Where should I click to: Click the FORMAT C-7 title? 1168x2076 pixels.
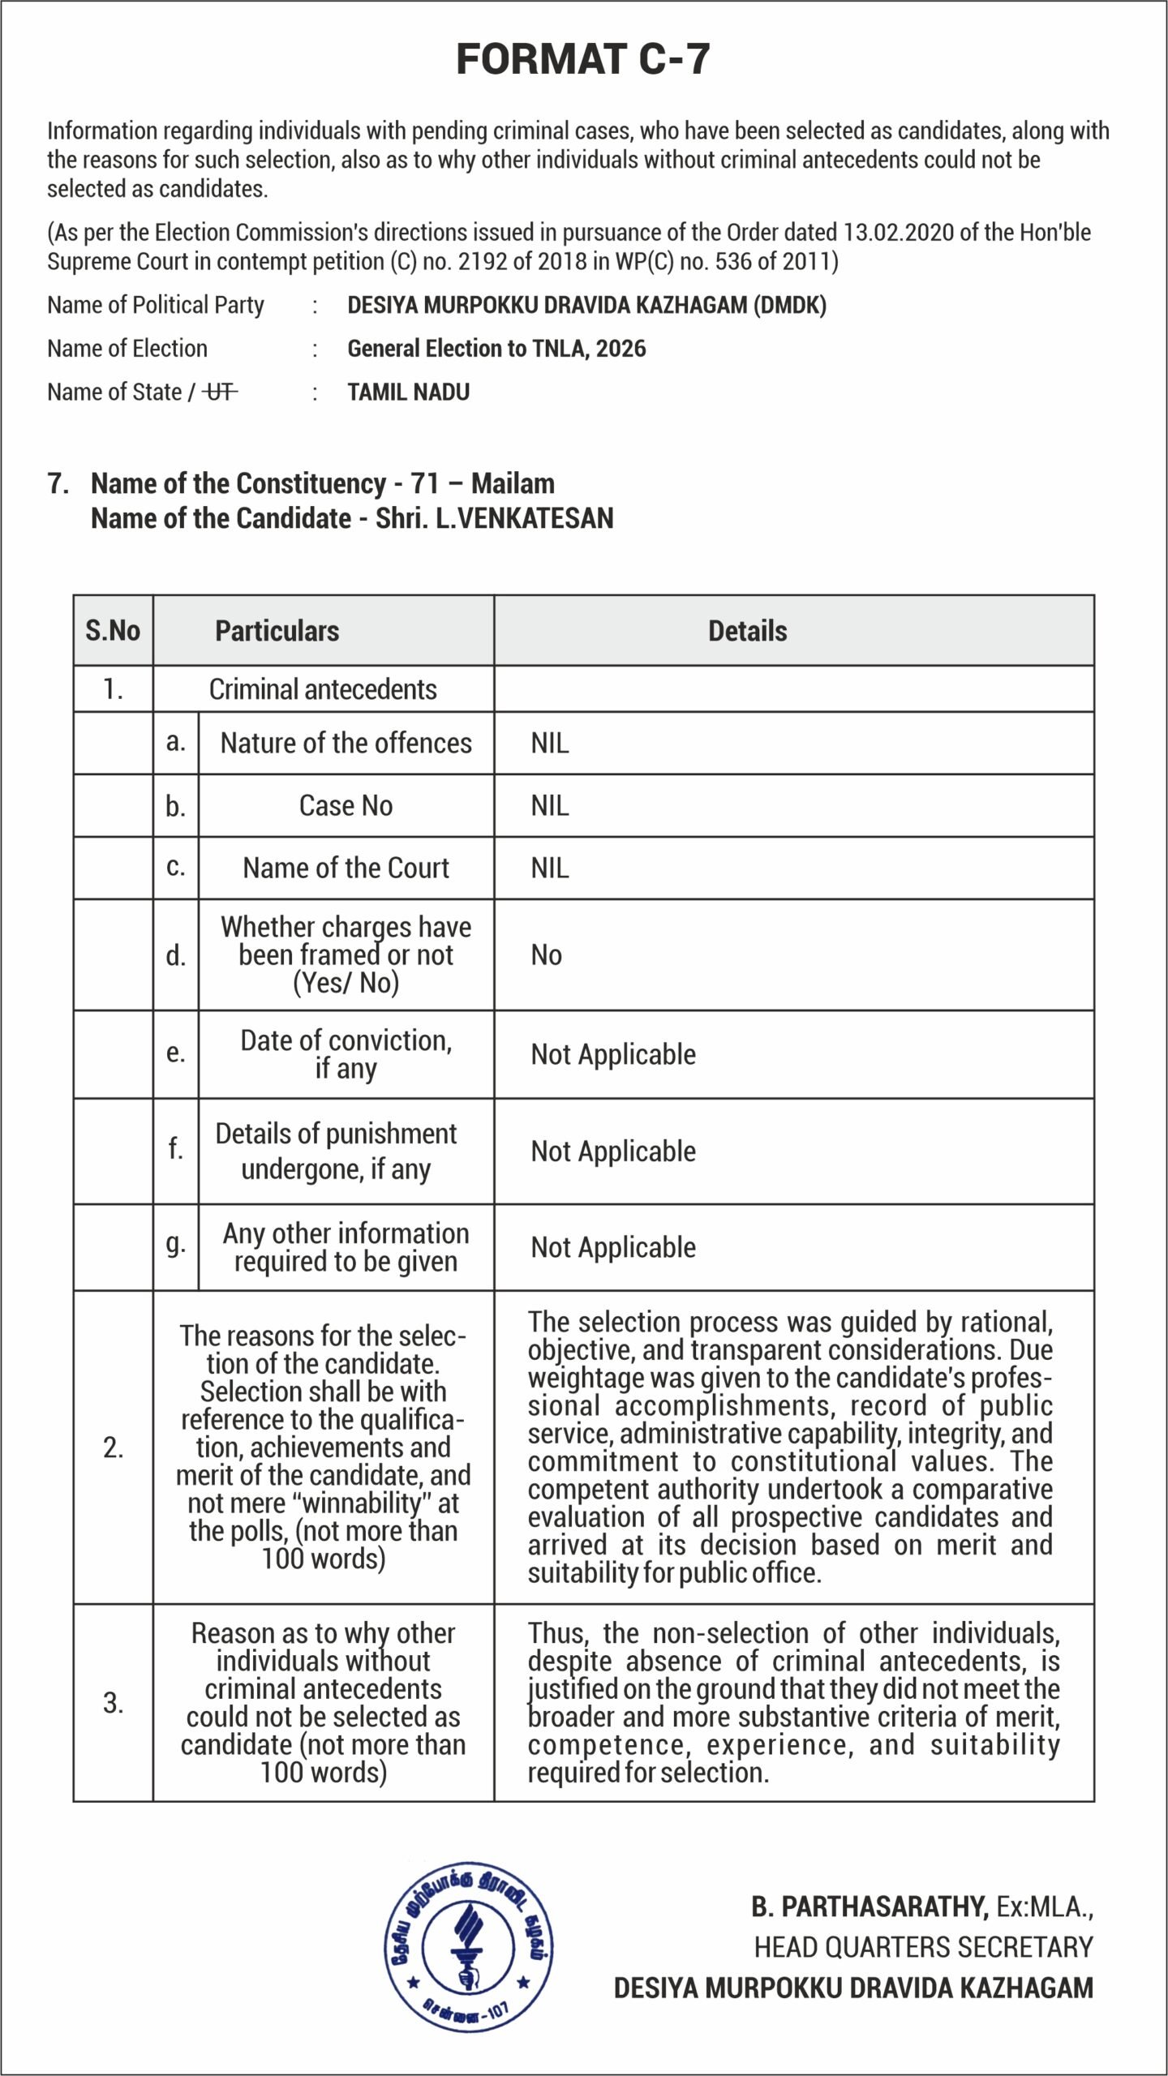point(583,59)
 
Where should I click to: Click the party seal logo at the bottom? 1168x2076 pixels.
point(469,1946)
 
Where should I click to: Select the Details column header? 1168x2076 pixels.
point(747,631)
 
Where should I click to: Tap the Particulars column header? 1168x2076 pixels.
point(277,631)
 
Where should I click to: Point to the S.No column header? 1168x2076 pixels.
point(113,631)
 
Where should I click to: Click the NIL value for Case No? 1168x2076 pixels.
point(550,806)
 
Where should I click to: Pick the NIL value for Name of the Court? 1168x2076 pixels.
point(550,869)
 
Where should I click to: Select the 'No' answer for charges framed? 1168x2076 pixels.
point(546,955)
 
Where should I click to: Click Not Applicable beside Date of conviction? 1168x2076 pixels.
point(613,1055)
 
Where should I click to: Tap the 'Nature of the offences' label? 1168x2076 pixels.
point(346,744)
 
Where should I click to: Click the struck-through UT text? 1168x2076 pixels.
point(220,392)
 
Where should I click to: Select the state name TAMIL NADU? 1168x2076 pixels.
point(408,392)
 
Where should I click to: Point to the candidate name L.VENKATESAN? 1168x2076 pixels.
point(524,518)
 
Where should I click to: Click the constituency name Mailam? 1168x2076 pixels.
point(513,483)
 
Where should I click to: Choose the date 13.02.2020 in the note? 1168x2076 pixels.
point(898,233)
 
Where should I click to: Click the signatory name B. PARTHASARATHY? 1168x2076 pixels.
point(870,1907)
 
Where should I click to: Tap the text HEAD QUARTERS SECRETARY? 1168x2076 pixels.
point(923,1947)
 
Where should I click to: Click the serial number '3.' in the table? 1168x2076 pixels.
point(113,1703)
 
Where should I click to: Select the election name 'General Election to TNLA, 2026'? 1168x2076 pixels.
point(496,349)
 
